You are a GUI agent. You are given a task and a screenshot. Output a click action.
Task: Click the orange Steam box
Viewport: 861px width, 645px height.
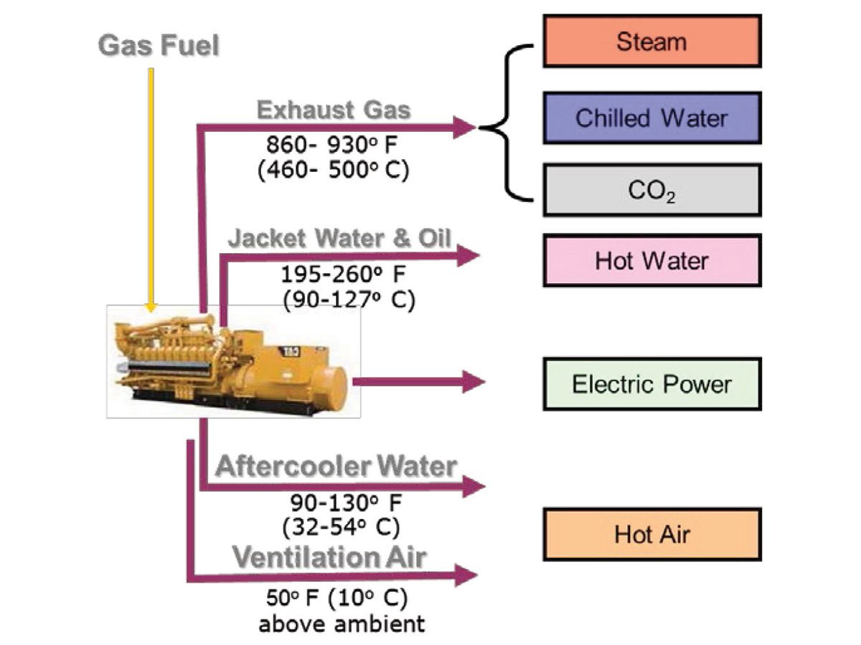point(651,42)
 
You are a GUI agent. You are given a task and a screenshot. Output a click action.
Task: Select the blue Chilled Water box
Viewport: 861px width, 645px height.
point(651,118)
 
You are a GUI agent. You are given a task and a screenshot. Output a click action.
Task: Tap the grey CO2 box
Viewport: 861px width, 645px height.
point(651,190)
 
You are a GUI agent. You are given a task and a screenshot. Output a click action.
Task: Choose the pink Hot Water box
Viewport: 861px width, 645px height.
point(651,260)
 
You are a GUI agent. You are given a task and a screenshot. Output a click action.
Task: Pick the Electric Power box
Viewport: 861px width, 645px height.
point(651,384)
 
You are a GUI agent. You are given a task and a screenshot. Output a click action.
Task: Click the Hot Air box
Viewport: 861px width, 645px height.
point(651,535)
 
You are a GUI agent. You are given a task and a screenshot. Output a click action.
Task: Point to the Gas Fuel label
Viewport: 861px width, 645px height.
point(159,46)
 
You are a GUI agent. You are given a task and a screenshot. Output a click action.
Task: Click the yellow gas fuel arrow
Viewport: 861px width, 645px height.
point(151,186)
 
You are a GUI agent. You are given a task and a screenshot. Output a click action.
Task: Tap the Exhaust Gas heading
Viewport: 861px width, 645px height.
point(334,110)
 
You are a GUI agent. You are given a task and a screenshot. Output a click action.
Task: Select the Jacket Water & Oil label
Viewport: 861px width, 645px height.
point(340,239)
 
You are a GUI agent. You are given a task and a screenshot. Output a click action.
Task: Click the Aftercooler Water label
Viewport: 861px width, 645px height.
point(336,467)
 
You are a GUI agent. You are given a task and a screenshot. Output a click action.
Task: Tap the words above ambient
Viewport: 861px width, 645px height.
point(342,623)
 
